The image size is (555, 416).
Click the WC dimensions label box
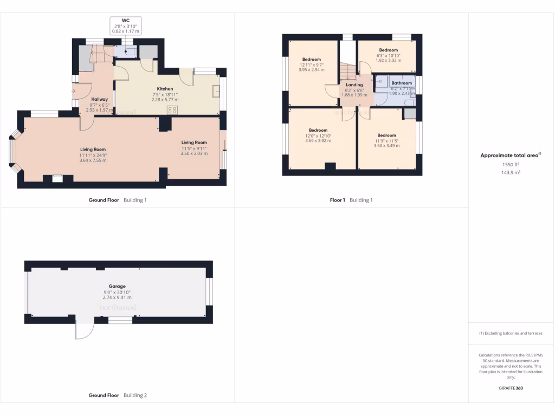(x=125, y=26)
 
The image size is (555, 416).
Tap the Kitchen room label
(x=165, y=88)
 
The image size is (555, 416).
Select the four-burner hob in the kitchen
(x=173, y=109)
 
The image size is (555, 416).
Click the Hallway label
(x=100, y=99)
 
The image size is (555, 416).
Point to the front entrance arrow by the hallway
(x=73, y=91)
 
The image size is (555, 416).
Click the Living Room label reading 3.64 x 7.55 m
(x=93, y=149)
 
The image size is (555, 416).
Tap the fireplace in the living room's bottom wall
(x=57, y=177)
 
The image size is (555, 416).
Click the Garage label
(x=117, y=286)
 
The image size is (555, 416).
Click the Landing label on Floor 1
(x=354, y=85)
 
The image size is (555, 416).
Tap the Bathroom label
(x=402, y=83)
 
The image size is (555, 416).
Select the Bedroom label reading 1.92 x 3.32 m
(x=388, y=50)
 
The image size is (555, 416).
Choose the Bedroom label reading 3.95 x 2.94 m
(x=311, y=59)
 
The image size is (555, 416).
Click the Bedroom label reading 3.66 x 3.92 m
(x=318, y=130)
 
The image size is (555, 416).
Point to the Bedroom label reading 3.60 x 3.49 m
(x=386, y=135)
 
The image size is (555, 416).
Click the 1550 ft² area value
(x=511, y=164)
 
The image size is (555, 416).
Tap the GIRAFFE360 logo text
(x=511, y=388)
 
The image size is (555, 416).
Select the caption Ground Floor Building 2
(x=118, y=395)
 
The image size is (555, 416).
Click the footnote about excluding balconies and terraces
(x=511, y=333)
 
